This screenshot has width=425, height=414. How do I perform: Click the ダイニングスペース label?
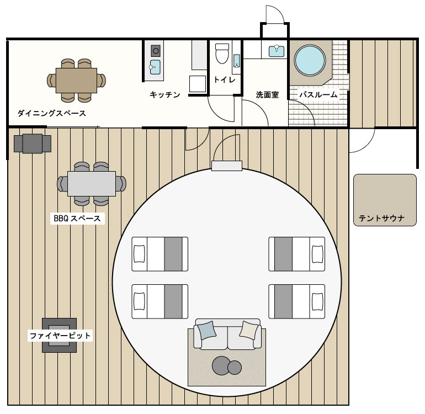(52, 113)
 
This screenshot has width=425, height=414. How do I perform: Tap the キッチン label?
(165, 94)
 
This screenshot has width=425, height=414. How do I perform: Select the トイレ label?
(225, 79)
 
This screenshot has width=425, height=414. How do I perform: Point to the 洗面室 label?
(267, 94)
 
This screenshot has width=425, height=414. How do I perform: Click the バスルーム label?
(318, 94)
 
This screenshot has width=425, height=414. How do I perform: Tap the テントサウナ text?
(381, 218)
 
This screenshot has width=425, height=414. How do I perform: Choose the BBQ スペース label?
(77, 218)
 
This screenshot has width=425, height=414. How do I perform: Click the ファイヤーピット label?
(60, 336)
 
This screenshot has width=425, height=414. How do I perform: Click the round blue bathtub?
(310, 60)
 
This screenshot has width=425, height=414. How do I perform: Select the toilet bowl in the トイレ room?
(222, 54)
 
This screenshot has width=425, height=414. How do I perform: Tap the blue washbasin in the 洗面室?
(277, 51)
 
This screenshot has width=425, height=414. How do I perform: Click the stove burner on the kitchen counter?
(156, 51)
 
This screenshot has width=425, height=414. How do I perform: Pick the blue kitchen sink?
(155, 67)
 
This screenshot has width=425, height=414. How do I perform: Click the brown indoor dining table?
(76, 81)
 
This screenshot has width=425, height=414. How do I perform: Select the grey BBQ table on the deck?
(92, 184)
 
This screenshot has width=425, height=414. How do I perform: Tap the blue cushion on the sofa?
(207, 330)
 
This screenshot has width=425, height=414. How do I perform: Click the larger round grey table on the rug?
(221, 365)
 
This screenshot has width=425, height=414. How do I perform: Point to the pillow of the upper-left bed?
(139, 254)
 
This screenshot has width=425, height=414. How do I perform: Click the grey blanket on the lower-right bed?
(283, 301)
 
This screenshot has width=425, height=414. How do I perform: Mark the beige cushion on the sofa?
(249, 330)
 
